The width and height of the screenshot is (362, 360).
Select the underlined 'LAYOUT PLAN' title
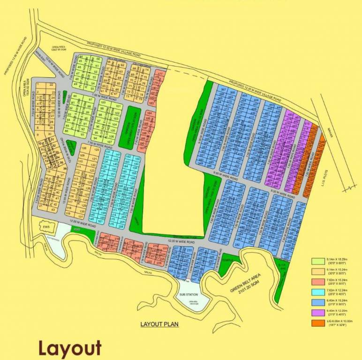coord(160,324)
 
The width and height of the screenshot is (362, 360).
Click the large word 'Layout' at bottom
coord(70,348)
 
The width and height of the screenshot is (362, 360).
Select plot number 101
coord(118,106)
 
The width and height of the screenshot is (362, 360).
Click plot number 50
coord(98,59)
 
